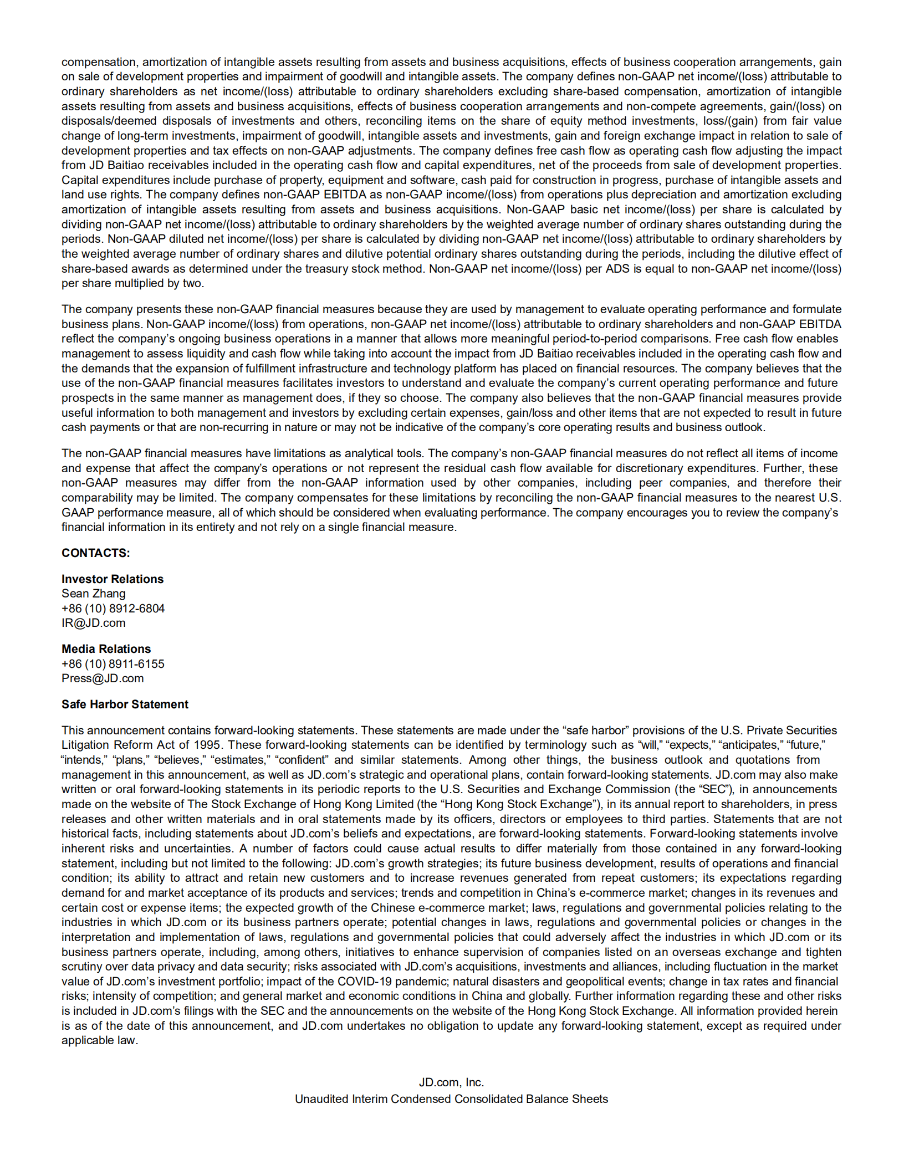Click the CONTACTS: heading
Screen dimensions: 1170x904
click(x=95, y=553)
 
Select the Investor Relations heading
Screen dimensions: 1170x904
click(x=113, y=579)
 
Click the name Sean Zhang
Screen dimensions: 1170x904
click(x=94, y=594)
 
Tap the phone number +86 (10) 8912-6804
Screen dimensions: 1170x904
click(x=113, y=609)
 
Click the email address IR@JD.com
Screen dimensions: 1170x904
click(x=94, y=623)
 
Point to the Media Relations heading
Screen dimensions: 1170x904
click(x=106, y=649)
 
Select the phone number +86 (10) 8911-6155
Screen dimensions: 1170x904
click(x=113, y=664)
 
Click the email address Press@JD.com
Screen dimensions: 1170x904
click(x=103, y=678)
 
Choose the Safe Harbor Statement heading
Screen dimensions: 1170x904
click(x=125, y=704)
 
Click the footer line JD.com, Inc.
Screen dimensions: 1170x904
click(x=452, y=1082)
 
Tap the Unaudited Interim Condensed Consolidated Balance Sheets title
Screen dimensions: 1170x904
click(x=451, y=1099)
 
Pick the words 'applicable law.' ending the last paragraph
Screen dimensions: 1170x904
click(x=100, y=1040)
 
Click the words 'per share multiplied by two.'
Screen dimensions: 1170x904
click(x=132, y=283)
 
